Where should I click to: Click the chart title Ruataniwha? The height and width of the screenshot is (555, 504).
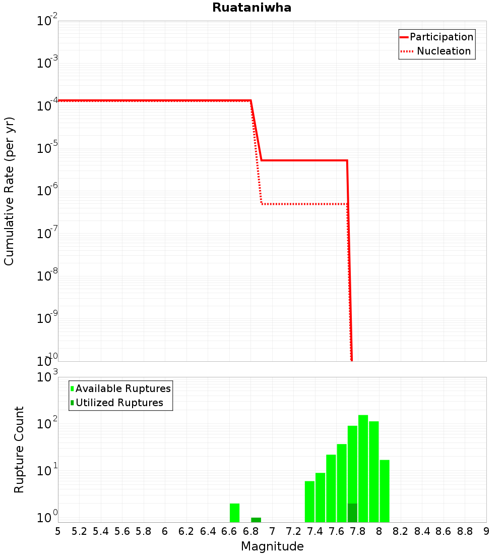[251, 8]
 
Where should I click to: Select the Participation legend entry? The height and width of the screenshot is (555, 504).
[441, 37]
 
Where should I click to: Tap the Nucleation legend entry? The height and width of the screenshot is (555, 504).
[444, 51]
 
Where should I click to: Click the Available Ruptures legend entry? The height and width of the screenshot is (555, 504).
[123, 388]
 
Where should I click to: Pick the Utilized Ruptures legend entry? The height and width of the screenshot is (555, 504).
[119, 403]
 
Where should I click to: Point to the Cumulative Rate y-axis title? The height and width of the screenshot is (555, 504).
[9, 191]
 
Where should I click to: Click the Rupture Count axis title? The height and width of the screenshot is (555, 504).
[19, 450]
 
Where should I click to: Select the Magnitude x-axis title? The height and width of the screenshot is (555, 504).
[272, 546]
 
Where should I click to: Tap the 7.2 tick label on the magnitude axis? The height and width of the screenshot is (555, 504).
[293, 531]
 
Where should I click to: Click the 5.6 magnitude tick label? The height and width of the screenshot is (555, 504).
[122, 531]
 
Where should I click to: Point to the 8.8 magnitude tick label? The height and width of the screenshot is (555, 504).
[465, 531]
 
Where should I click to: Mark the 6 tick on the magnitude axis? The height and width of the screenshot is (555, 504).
[165, 531]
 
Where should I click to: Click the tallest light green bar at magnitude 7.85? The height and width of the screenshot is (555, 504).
[363, 469]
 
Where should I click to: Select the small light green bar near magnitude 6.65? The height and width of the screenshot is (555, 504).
[234, 513]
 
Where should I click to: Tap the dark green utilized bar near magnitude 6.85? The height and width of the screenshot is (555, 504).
[256, 520]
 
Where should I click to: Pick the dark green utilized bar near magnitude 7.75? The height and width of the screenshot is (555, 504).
[352, 513]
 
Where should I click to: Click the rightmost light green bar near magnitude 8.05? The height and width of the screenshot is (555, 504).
[385, 491]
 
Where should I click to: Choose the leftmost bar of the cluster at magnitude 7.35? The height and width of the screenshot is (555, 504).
[309, 502]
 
